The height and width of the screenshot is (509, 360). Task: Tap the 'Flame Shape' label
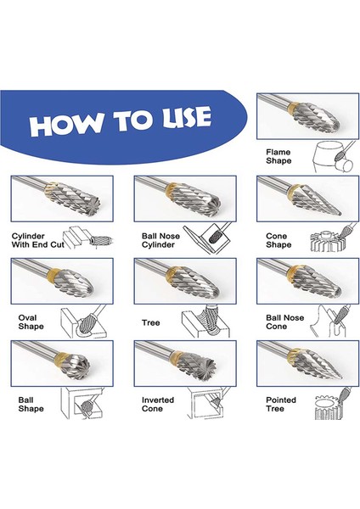coord(278,156)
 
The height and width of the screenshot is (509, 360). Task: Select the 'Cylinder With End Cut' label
coord(38,241)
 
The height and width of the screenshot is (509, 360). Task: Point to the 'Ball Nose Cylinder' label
coord(160,241)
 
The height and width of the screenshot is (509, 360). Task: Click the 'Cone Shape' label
coord(278,241)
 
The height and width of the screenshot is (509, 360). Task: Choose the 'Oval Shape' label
coord(31,322)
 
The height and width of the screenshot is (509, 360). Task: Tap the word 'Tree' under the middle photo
coord(151,322)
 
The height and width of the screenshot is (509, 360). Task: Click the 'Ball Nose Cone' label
coord(285,322)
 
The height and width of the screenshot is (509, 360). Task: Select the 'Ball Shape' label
coord(31,405)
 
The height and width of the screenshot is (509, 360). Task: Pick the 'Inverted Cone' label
coord(158,405)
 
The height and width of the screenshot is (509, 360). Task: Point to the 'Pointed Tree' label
coord(281,405)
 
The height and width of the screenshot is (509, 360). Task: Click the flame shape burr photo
coord(307,116)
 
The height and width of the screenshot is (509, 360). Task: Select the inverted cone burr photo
coord(185,364)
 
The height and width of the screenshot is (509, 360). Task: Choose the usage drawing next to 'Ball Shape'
coord(82,404)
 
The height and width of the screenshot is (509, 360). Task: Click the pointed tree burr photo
coord(307,364)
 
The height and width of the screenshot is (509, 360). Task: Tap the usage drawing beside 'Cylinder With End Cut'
coord(88,239)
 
